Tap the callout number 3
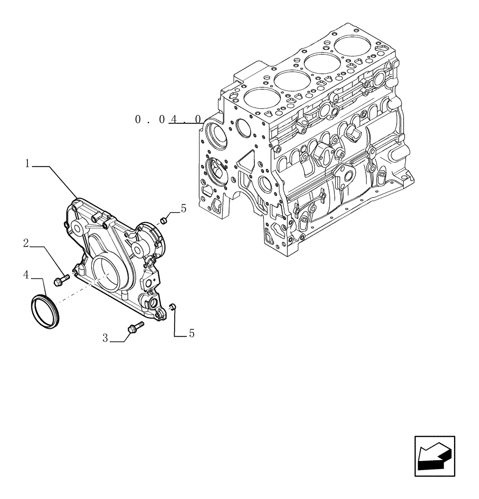pos(105,338)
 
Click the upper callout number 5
pos(184,209)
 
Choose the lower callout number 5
pos(192,334)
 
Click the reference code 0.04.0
pos(169,120)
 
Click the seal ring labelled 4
pos(46,312)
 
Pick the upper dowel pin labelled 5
pos(163,220)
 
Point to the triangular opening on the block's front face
pos(246,163)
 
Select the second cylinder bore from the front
pos(290,79)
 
